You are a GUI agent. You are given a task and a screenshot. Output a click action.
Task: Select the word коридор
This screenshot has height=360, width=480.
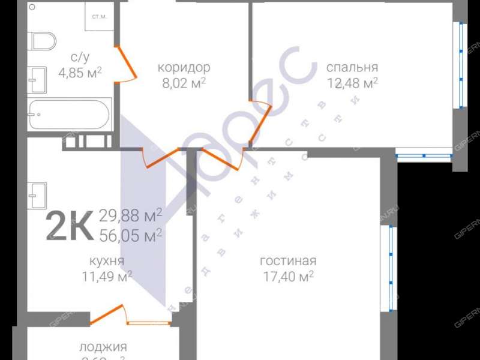(x=184, y=67)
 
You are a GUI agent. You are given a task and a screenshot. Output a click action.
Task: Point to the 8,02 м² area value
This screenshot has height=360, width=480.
(x=184, y=82)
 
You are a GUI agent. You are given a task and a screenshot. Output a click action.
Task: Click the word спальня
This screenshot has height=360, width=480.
(x=352, y=67)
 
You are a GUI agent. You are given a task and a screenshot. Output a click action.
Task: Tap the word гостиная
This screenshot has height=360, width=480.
(x=288, y=261)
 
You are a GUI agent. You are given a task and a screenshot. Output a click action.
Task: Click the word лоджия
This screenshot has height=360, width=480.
(x=103, y=346)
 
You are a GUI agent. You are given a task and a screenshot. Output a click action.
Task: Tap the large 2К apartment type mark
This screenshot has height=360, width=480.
(x=69, y=225)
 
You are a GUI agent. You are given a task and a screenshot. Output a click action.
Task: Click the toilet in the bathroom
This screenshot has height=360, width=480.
(x=43, y=41)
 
